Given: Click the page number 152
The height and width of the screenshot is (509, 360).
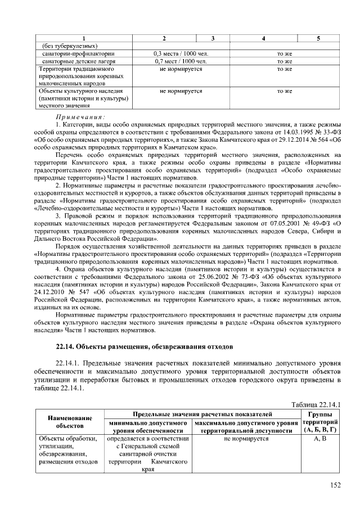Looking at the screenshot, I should pos(336,486).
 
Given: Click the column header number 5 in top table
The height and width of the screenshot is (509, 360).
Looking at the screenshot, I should pos(318,38).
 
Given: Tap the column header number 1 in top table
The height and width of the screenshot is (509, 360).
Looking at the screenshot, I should pos(84,38).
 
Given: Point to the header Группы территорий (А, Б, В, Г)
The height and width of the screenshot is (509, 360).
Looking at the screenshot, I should pos(319,422).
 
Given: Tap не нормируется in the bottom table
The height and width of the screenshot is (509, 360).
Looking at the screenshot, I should pos(246,438).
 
